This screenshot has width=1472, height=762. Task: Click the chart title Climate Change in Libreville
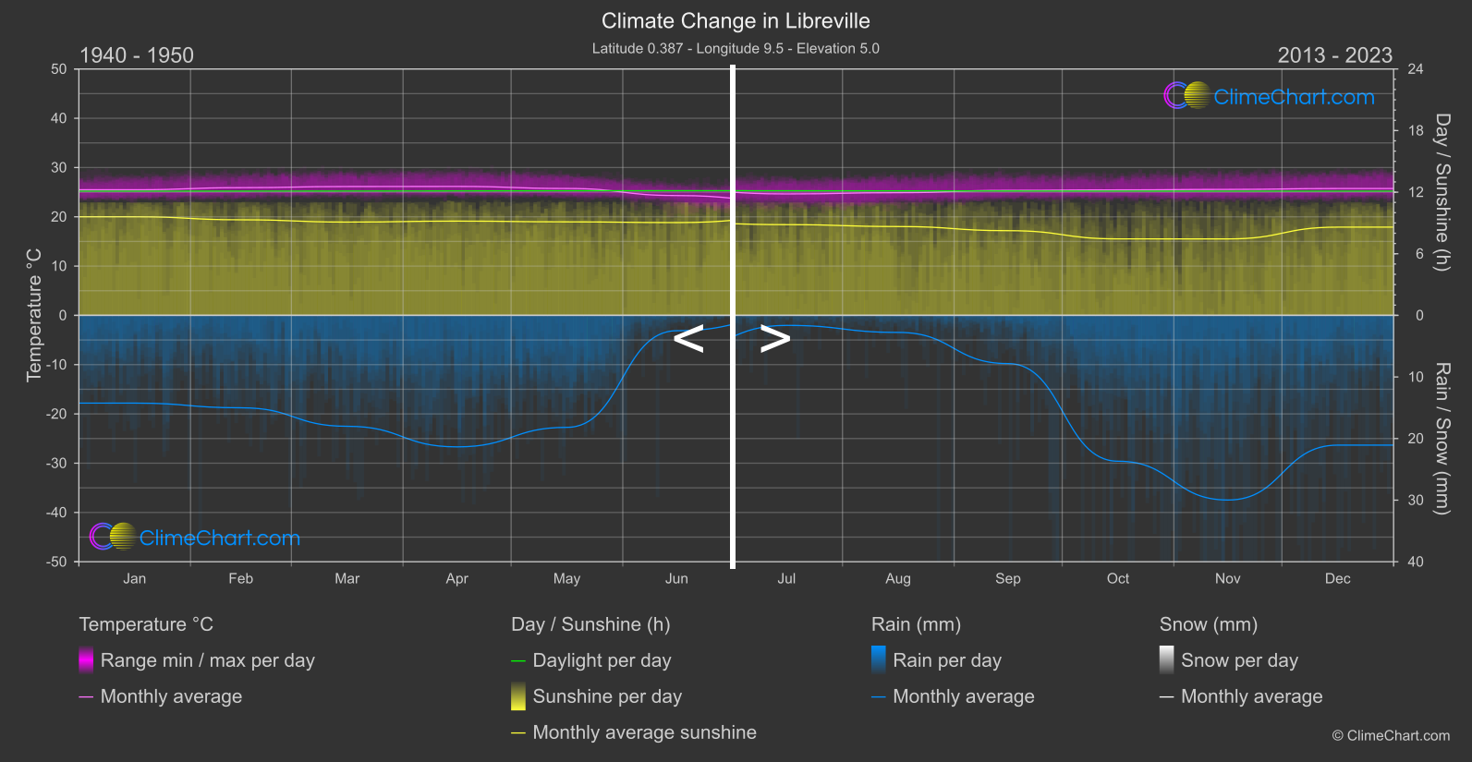[x=736, y=20]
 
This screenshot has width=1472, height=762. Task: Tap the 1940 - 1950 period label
[x=137, y=55]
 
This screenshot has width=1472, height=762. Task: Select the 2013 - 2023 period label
[x=1334, y=55]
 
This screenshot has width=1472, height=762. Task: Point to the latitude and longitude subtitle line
[x=736, y=48]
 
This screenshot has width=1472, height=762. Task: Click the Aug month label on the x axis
[x=897, y=579]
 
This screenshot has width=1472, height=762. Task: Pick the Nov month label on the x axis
[x=1227, y=579]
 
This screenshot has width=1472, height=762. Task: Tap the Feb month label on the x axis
[x=240, y=579]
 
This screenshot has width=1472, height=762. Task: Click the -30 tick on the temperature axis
[x=57, y=464]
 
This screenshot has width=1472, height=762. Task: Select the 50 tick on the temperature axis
[x=59, y=69]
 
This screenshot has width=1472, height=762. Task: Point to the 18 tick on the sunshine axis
[x=1416, y=131]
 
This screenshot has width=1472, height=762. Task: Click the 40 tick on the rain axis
[x=1416, y=562]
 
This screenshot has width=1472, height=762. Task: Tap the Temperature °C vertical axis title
[x=34, y=315]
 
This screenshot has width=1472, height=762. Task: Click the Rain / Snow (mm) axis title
[x=1442, y=438]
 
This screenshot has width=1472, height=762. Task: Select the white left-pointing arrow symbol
[x=688, y=339]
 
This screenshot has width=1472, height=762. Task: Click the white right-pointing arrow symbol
[x=774, y=339]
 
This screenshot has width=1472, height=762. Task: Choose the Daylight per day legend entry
[x=602, y=660]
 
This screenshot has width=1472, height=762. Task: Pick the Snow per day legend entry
[x=1239, y=660]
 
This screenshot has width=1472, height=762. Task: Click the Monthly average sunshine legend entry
[x=644, y=732]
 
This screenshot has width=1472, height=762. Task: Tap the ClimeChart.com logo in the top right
[x=1270, y=96]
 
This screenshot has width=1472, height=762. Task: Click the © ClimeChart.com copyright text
[x=1391, y=736]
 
